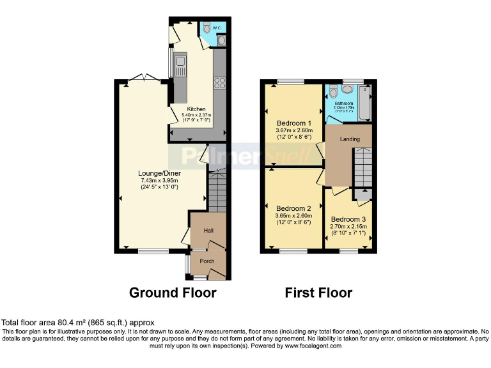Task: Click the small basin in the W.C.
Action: [x=221, y=41]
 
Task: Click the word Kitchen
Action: [x=196, y=109]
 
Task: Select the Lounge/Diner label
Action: [x=159, y=173]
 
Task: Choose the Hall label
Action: [x=208, y=231]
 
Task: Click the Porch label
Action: [x=207, y=261]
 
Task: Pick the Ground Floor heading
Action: [x=173, y=293]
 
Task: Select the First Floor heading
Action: [x=318, y=293]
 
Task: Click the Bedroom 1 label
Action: [x=294, y=123]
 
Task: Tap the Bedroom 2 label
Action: [x=294, y=208]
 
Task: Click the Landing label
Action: [x=350, y=139]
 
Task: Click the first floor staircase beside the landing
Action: [x=363, y=166]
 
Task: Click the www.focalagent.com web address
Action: [x=304, y=346]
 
